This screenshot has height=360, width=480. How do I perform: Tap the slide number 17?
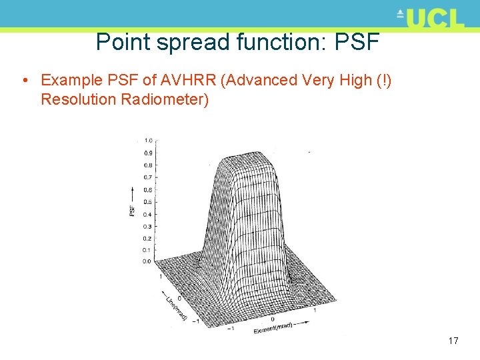coord(453,341)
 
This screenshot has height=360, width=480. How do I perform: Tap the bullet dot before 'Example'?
coord(25,81)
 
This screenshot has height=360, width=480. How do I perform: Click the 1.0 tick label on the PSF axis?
coord(148,140)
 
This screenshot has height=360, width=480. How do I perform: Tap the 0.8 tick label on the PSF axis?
coord(148,165)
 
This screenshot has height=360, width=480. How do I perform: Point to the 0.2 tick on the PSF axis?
coord(148,238)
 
